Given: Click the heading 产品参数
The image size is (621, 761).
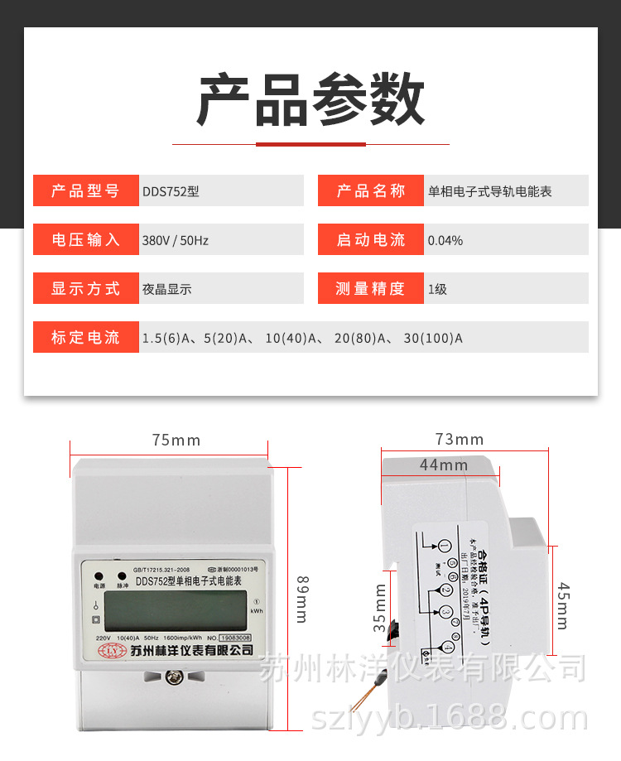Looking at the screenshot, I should [x=310, y=100].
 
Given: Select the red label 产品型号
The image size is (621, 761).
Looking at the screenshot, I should [x=85, y=191].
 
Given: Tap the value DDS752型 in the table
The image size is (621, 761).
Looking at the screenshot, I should [x=171, y=191].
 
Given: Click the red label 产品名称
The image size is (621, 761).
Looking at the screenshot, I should [x=371, y=191].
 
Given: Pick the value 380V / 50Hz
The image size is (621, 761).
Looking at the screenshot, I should [x=176, y=240].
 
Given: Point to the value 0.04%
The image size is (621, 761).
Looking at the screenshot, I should [x=445, y=240].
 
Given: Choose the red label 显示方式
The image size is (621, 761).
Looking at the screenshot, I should [x=85, y=289].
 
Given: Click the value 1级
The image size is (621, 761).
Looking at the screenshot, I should [x=437, y=289].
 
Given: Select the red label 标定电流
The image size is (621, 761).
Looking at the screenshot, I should [x=85, y=338].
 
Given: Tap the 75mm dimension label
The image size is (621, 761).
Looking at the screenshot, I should [x=176, y=441].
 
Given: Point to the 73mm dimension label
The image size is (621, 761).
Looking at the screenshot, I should [x=460, y=439].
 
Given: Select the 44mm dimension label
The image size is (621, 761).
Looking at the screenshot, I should [x=443, y=465].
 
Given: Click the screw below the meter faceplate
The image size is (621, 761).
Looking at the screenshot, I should [x=175, y=678].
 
